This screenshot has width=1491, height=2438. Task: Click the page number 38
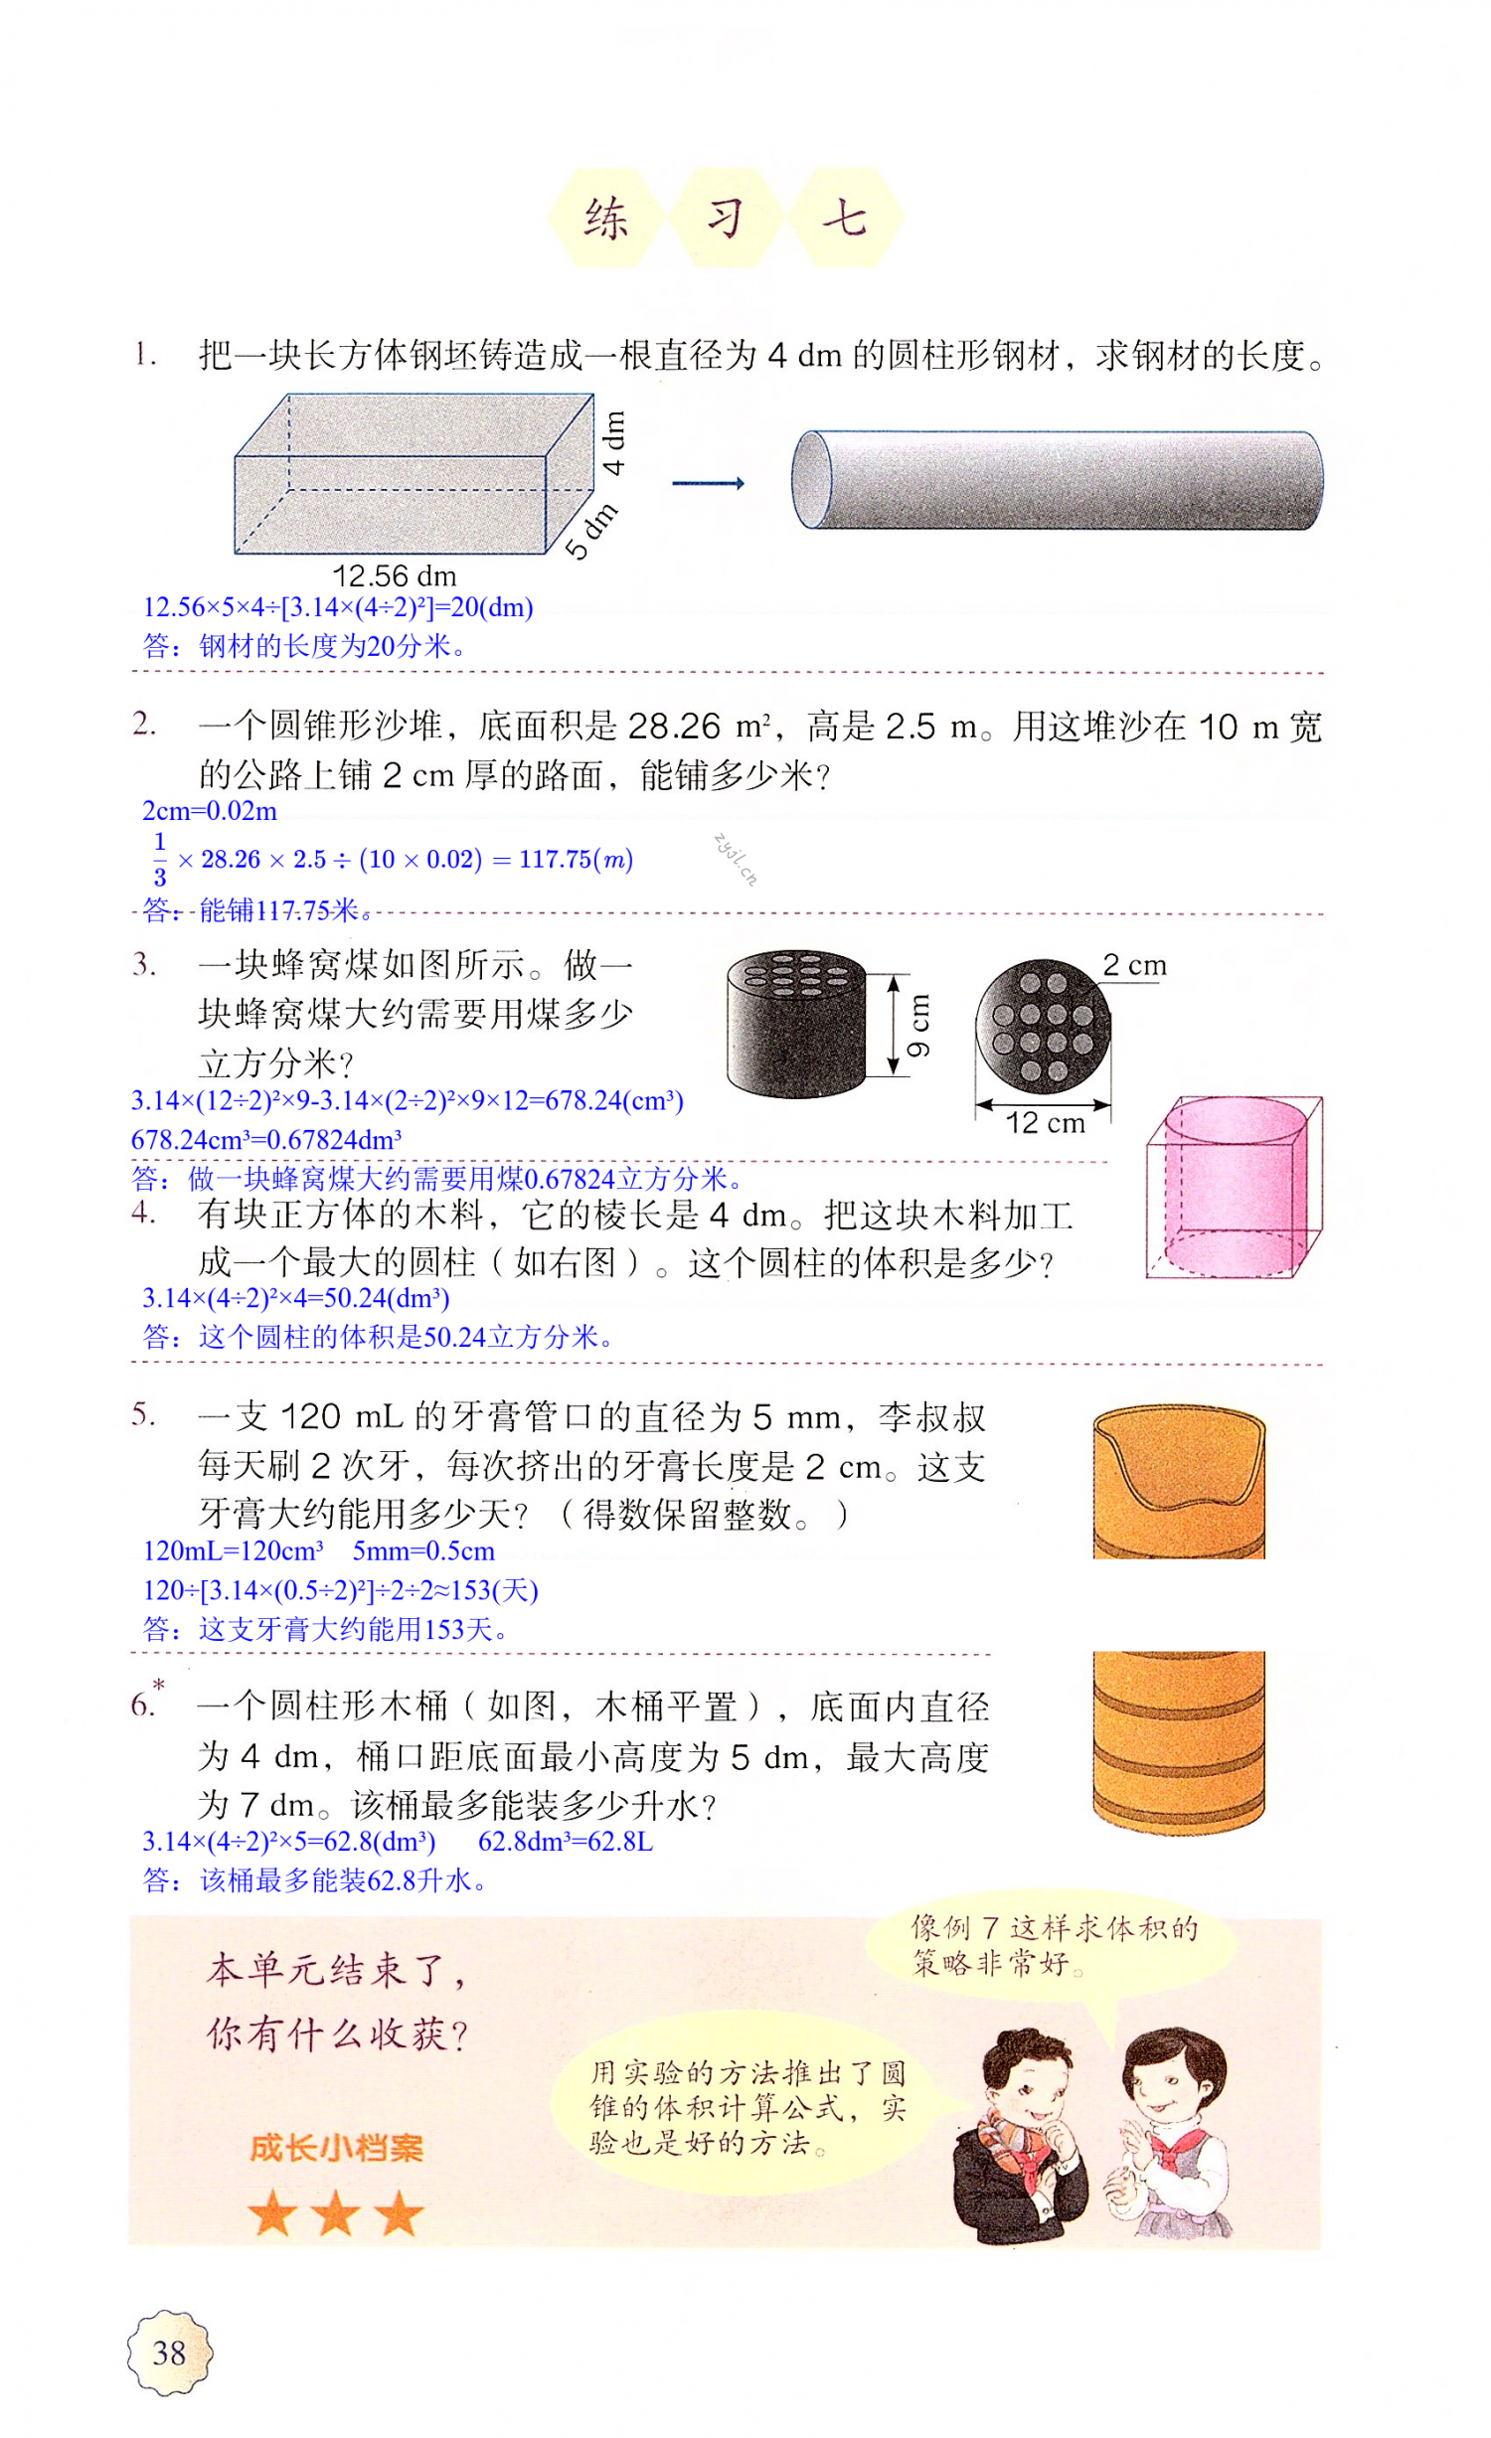169,2353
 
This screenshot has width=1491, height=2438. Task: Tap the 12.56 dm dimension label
395,576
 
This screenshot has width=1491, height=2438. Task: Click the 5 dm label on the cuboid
591,531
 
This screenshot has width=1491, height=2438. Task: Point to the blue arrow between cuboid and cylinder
708,484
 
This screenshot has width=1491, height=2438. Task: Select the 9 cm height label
918,1024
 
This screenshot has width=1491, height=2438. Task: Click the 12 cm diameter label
1045,1123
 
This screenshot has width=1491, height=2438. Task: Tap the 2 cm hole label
1134,965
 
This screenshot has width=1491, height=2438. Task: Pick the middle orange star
336,2213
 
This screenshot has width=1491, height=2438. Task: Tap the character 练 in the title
606,219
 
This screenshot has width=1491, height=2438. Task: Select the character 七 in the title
845,219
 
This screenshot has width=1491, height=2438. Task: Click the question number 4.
143,1213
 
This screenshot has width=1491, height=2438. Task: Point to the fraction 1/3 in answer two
160,859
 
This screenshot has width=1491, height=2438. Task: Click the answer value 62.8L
566,1842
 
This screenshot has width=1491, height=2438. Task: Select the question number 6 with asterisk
146,1704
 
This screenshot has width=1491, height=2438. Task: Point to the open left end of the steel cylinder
812,480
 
